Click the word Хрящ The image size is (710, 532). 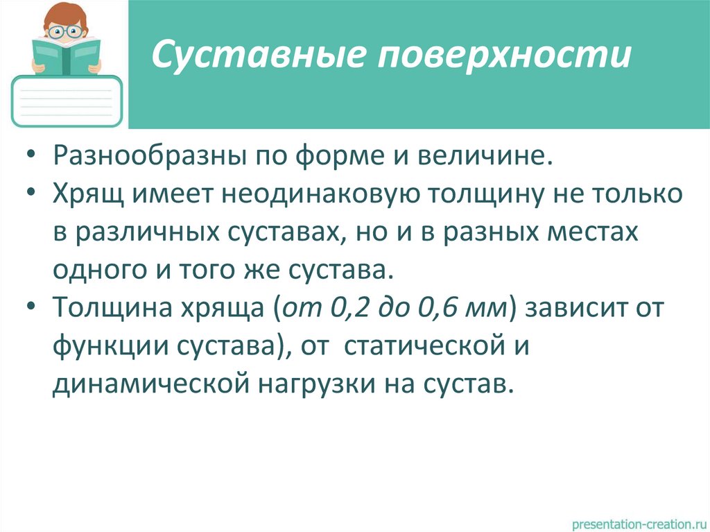click(87, 194)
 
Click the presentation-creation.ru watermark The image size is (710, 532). click(638, 519)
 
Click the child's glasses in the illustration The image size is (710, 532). click(66, 31)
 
